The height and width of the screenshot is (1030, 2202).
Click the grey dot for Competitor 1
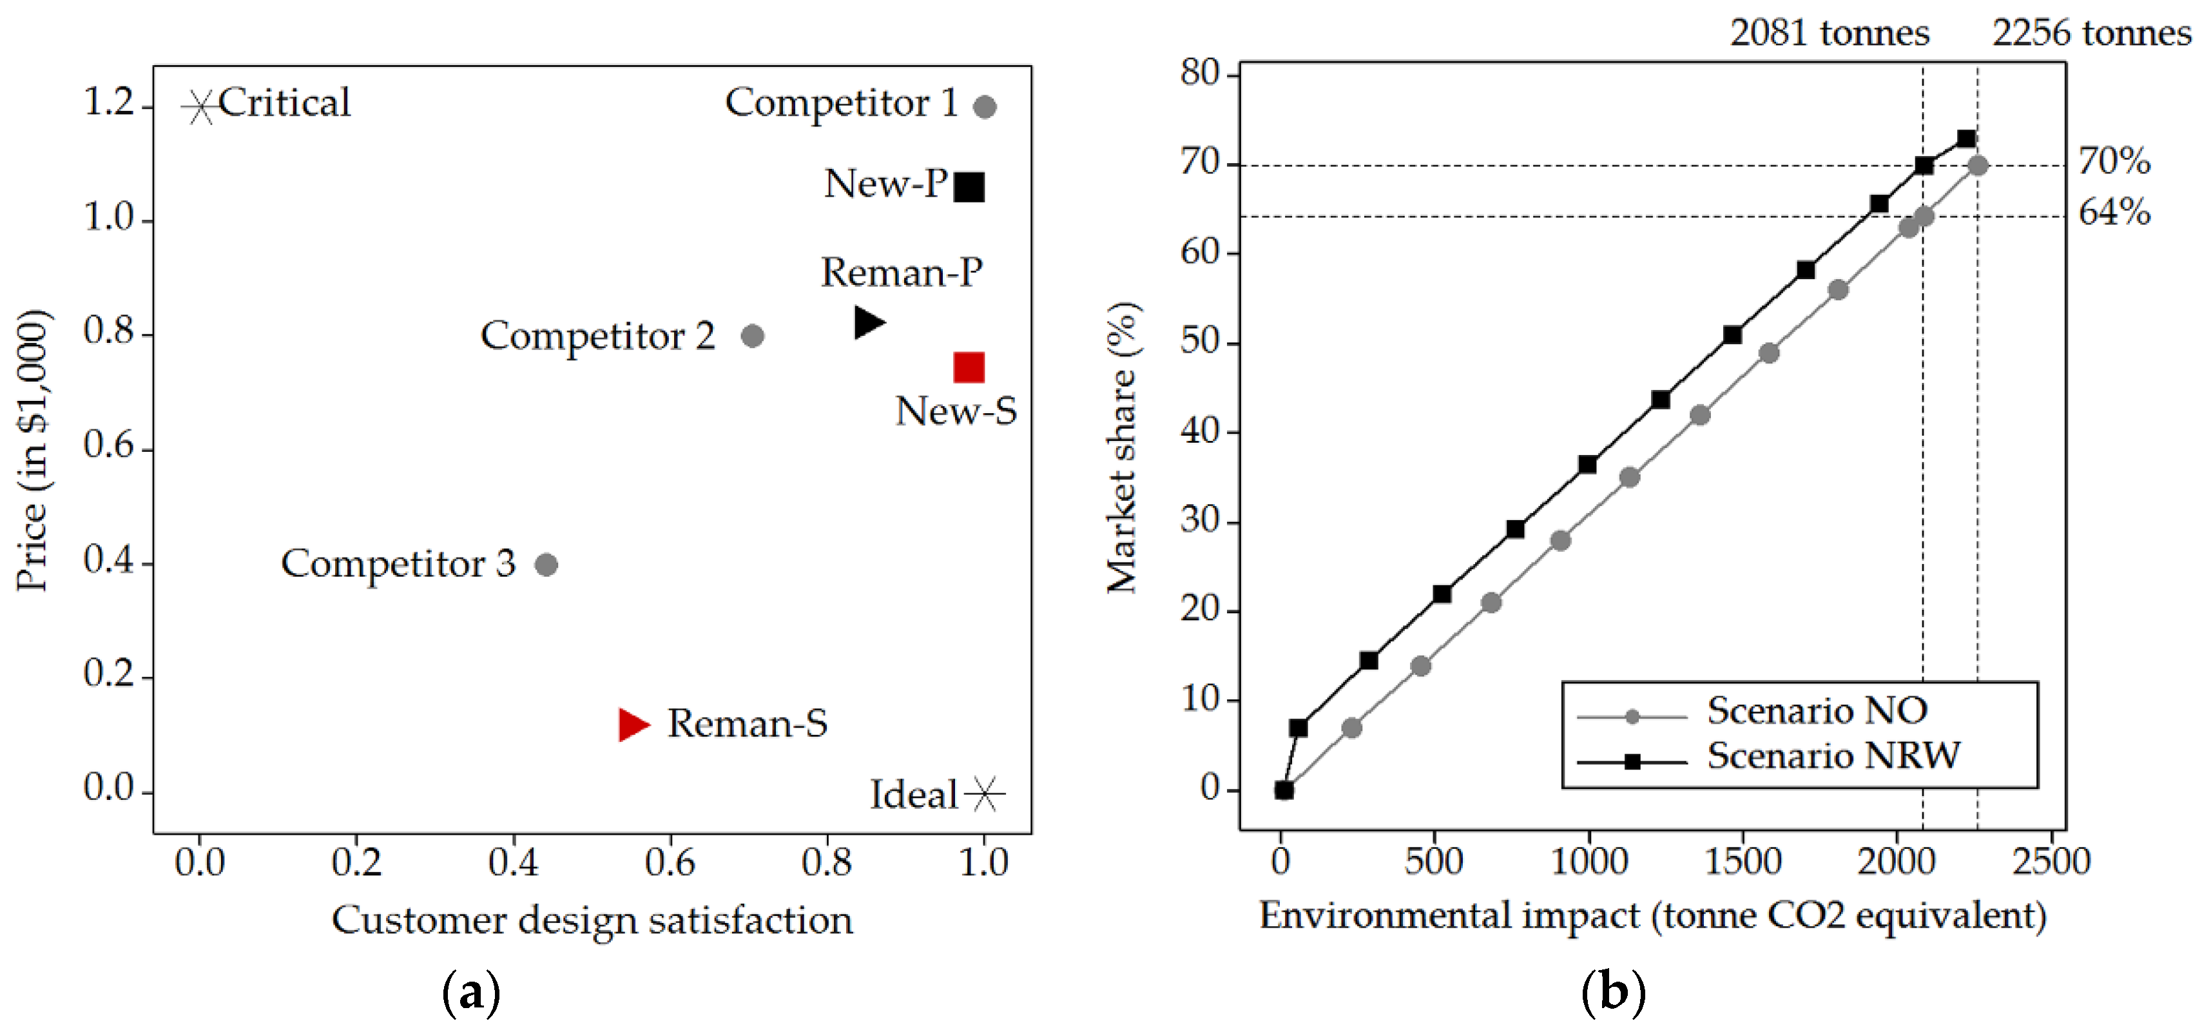click(985, 107)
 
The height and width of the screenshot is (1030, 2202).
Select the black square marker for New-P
click(969, 186)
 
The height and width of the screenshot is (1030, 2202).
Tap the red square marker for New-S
click(969, 367)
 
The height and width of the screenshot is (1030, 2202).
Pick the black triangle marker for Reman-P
click(867, 322)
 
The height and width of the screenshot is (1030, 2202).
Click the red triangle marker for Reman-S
click(633, 725)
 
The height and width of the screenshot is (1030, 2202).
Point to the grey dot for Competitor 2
click(752, 336)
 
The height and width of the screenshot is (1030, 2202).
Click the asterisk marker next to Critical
click(200, 108)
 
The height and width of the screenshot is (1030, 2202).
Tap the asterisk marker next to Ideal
click(985, 794)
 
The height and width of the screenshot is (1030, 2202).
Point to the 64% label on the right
click(2114, 212)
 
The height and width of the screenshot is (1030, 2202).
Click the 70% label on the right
click(2114, 160)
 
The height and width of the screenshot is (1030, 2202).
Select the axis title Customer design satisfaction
click(592, 920)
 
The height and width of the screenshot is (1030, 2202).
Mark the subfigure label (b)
click(1613, 993)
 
